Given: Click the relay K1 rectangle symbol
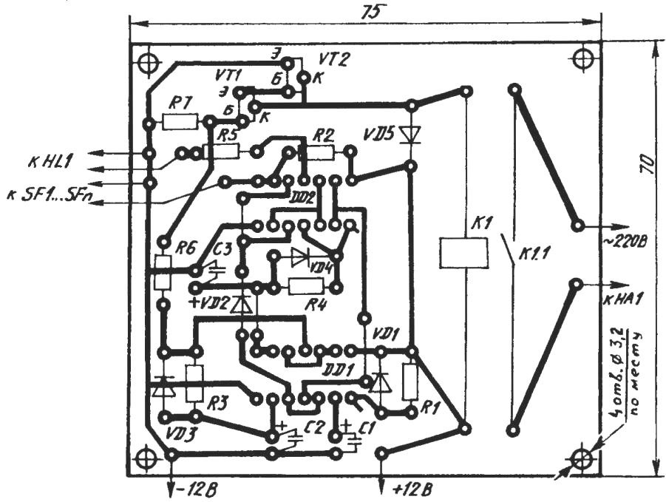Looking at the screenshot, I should pyautogui.click(x=463, y=253).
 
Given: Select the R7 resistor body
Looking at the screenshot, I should pyautogui.click(x=180, y=121).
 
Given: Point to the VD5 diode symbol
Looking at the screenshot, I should pyautogui.click(x=409, y=135).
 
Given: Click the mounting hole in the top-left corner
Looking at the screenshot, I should pyautogui.click(x=149, y=64).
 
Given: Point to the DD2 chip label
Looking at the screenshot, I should pyautogui.click(x=304, y=198).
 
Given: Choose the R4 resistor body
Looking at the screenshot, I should pyautogui.click(x=305, y=286).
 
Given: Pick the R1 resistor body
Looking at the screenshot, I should pyautogui.click(x=412, y=381).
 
